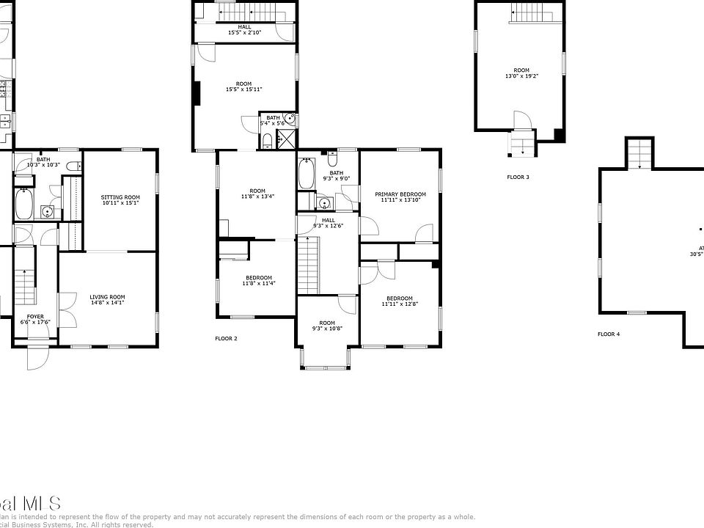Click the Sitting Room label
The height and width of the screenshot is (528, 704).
[120, 200]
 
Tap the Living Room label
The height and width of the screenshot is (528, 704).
[108, 299]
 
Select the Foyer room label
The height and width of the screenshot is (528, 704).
[35, 320]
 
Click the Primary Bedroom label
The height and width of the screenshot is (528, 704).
[400, 197]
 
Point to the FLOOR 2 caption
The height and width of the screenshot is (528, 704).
[226, 339]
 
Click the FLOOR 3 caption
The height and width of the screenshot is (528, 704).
[518, 177]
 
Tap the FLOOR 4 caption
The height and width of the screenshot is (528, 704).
[609, 334]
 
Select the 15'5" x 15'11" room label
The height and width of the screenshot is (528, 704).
[243, 87]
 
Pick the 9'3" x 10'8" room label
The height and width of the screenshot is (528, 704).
[327, 326]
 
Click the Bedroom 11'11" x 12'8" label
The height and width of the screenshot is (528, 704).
[400, 301]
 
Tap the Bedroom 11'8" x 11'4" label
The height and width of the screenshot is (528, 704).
[259, 280]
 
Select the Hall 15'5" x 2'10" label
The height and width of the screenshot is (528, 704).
[243, 30]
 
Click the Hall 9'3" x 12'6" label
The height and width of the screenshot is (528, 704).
[328, 223]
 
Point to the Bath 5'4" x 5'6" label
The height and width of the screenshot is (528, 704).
[273, 120]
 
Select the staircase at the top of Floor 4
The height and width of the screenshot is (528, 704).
[639, 153]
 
